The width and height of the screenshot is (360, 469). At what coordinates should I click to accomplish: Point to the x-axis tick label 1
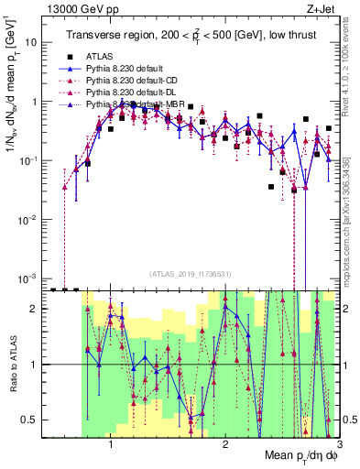point(111,441)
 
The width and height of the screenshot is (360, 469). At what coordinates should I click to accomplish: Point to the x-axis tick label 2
point(225,441)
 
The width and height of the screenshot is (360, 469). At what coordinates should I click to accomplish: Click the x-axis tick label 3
point(338,441)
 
